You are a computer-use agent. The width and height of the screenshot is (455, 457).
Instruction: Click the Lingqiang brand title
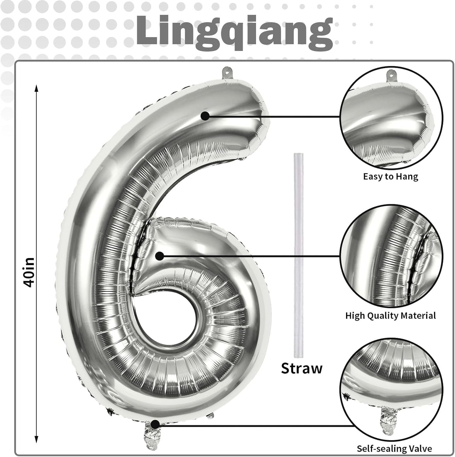(234, 31)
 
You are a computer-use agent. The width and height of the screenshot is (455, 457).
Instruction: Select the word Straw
(302, 368)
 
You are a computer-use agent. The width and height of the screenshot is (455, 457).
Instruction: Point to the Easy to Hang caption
(390, 176)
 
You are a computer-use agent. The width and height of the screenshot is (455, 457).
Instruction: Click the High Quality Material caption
(390, 315)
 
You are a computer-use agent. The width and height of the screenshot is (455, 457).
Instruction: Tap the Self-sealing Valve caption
(394, 448)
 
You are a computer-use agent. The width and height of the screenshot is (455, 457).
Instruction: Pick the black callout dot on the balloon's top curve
(205, 116)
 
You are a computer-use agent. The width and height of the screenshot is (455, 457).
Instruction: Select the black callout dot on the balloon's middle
(160, 256)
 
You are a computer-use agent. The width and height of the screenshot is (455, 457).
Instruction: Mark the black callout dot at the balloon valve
(155, 425)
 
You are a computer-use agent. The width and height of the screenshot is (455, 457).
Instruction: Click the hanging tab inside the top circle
(391, 74)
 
